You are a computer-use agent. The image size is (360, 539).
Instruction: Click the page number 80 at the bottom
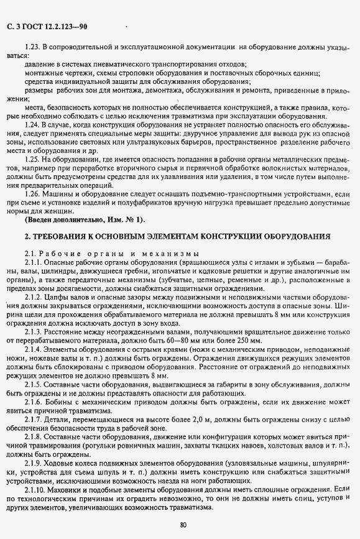click(x=183, y=525)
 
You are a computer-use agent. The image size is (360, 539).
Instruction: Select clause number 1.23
click(x=32, y=47)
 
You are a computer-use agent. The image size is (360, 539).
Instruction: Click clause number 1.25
click(x=32, y=160)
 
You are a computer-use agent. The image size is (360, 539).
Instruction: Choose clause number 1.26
click(x=32, y=195)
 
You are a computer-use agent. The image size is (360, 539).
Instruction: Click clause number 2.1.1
click(x=34, y=263)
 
